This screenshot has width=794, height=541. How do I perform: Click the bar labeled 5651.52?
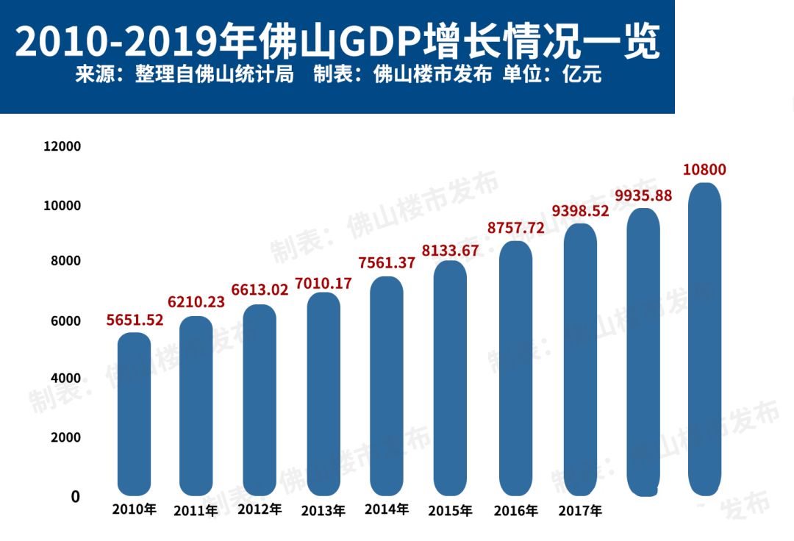coord(134,413)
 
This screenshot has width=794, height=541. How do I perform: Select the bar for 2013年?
coord(323,393)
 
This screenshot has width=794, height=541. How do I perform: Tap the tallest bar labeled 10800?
coord(704,338)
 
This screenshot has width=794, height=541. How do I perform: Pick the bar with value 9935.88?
coord(643,351)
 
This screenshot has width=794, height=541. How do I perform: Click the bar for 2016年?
coord(515,368)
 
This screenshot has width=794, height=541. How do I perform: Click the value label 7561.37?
coord(387,263)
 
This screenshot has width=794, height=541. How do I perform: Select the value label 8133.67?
coord(450,250)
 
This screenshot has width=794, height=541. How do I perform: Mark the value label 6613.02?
coord(260,290)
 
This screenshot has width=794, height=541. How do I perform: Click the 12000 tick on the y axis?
coord(62,146)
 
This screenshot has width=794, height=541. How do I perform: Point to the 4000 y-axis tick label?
coord(65,379)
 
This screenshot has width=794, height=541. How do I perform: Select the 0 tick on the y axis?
coord(75,497)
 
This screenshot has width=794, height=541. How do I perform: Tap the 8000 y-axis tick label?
coord(65,262)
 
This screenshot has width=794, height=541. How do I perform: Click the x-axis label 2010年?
coord(135,509)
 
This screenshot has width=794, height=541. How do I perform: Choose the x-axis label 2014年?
coord(386,509)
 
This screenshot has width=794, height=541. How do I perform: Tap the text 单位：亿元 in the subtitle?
coord(552,75)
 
